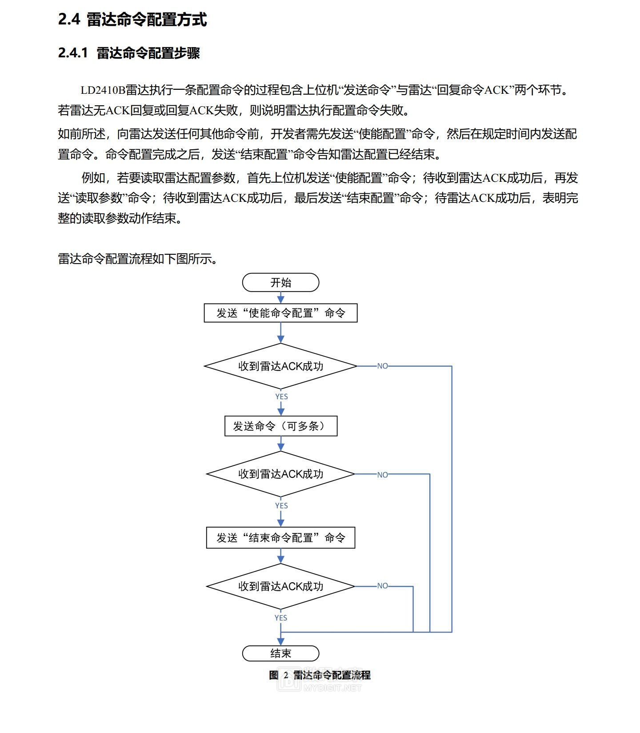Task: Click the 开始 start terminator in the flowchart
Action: coord(280,283)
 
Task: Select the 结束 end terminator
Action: coord(280,653)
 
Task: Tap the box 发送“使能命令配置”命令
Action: coord(280,313)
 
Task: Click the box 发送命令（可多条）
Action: coord(280,426)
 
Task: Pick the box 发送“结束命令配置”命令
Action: coord(280,538)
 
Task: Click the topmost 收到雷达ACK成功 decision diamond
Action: coord(280,366)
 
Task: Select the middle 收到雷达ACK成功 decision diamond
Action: coord(280,474)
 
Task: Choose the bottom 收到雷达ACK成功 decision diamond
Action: coord(280,586)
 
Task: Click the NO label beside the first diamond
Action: coord(382,366)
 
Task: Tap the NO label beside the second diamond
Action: coord(382,475)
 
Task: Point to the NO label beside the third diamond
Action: coord(382,586)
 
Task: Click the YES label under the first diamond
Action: coord(281,397)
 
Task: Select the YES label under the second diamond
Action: coord(281,506)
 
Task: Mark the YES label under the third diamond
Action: coord(281,618)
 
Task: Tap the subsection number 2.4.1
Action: coord(73,53)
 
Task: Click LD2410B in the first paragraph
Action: coord(103,90)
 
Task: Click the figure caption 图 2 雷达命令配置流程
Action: coord(320,675)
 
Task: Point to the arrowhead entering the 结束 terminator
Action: coord(280,641)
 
